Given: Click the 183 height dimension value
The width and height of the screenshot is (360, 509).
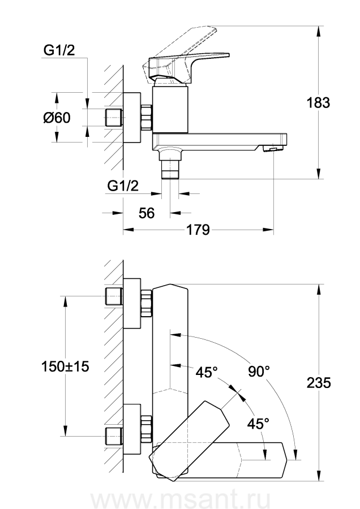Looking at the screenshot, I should coord(318,103).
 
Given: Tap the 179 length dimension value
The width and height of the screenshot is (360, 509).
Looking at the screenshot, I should coord(199,230).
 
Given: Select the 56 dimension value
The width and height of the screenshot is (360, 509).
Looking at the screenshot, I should coord(147,213).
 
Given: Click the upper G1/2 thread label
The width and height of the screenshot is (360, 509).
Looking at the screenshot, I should coord(59,51).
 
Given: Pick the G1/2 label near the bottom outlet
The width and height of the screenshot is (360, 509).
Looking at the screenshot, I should coord(123,186).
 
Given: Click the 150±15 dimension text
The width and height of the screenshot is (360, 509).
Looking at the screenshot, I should coord(66,366).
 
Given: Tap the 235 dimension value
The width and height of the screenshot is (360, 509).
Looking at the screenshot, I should coord(318,382).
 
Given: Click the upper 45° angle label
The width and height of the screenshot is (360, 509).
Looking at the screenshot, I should coord(207,372).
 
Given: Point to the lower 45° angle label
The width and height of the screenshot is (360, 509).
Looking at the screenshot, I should coord(258,422).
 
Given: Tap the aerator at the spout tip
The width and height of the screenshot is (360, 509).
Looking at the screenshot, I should coord(272,148).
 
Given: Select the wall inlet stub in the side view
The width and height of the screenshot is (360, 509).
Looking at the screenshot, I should coord(114,118).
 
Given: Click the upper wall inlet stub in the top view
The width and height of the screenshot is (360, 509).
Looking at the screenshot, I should coord(114,296).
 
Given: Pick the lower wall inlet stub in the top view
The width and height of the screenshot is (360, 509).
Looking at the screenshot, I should coord(114,435).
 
